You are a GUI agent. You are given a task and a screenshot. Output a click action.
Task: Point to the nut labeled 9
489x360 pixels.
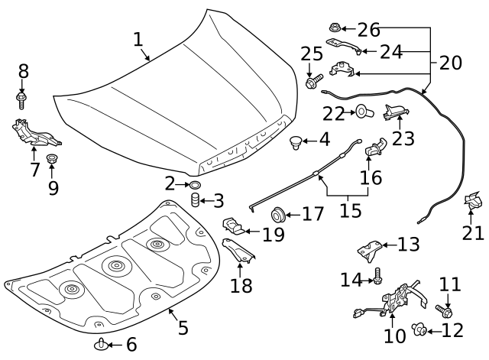[52, 160]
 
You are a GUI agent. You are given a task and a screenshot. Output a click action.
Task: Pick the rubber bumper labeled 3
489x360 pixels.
[195, 202]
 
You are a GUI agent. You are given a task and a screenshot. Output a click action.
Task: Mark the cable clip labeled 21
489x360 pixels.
[474, 203]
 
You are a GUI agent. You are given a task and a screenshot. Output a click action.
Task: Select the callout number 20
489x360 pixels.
[451, 63]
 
